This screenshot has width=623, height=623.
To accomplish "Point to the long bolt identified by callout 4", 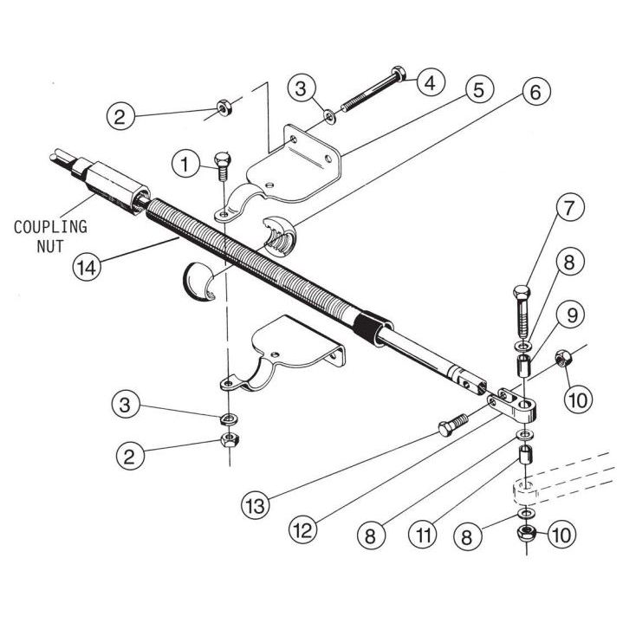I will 368,102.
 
